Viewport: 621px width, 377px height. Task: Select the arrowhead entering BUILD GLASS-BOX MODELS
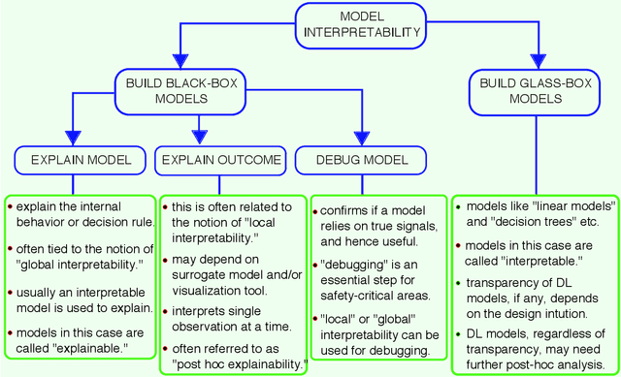coord(538,60)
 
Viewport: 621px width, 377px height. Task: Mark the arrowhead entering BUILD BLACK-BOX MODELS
coord(180,60)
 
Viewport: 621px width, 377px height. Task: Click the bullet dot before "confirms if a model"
coord(315,209)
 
